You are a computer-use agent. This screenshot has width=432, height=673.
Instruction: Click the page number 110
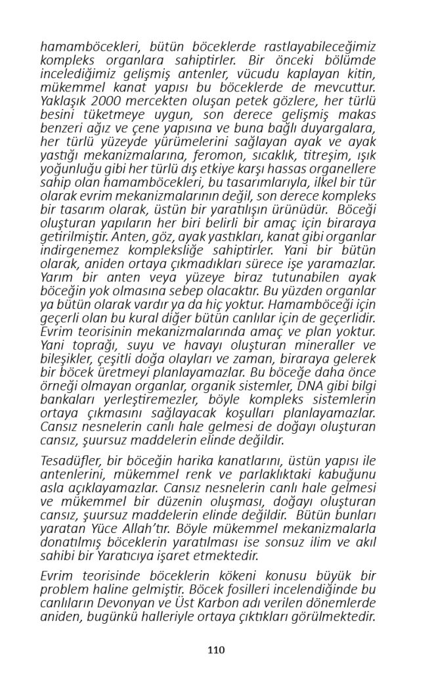[216, 650]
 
